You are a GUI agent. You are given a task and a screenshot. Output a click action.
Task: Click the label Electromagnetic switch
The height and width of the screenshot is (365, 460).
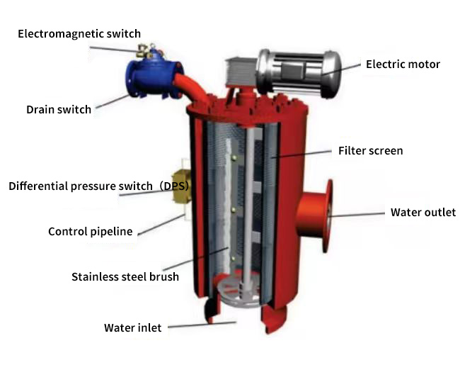click(x=79, y=33)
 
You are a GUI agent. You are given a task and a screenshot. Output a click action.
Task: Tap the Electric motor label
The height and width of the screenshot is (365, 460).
click(x=403, y=64)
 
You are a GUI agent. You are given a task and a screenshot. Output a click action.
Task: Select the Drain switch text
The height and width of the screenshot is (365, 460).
click(x=59, y=109)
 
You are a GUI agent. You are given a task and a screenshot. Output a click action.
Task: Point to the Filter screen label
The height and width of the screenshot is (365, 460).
click(x=370, y=150)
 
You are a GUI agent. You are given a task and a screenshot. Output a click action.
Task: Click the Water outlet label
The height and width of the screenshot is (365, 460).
click(x=423, y=212)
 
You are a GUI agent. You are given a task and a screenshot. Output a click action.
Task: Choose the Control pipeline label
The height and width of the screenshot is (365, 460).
click(x=90, y=232)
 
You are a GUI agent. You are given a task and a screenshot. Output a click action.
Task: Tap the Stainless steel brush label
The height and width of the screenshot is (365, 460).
click(x=125, y=276)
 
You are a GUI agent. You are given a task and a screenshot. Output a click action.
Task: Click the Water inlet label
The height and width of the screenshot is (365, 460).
click(x=132, y=327)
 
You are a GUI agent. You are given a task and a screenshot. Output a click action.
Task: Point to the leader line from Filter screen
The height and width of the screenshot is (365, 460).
click(x=304, y=153)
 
